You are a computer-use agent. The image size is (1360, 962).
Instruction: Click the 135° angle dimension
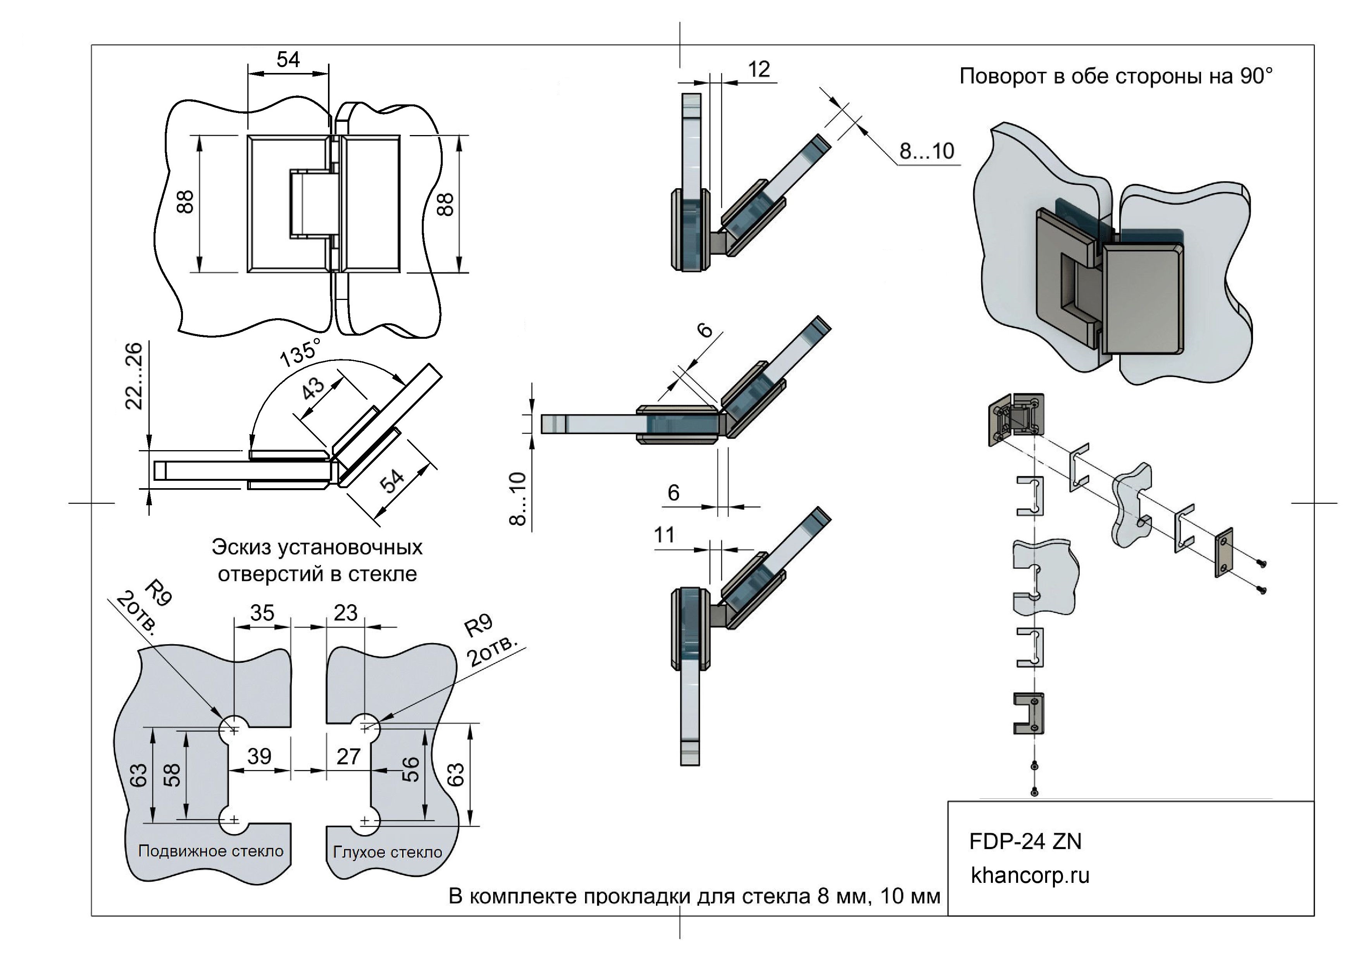pyautogui.click(x=300, y=353)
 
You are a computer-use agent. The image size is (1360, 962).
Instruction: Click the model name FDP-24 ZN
pyautogui.click(x=1025, y=842)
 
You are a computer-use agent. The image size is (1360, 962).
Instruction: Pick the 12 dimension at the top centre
pyautogui.click(x=759, y=70)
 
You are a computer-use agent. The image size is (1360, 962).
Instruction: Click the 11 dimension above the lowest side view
pyautogui.click(x=664, y=535)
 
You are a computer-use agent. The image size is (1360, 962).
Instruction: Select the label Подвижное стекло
pyautogui.click(x=211, y=851)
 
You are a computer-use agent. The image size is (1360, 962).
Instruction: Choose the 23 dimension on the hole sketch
pyautogui.click(x=346, y=613)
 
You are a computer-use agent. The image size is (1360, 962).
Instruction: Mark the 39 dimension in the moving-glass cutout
pyautogui.click(x=259, y=756)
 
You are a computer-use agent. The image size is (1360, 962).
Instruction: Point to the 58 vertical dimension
pyautogui.click(x=172, y=775)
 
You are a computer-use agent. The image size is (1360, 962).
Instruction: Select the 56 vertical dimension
pyautogui.click(x=411, y=770)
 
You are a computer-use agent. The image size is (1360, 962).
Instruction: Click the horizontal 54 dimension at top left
pyautogui.click(x=288, y=60)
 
